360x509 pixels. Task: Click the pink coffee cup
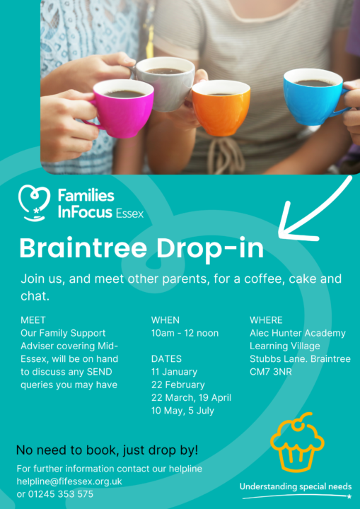click(x=121, y=107)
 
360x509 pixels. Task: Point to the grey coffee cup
click(x=164, y=83)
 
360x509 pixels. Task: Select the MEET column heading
click(x=33, y=320)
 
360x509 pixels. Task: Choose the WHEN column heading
click(x=166, y=320)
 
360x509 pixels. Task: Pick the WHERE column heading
click(x=266, y=320)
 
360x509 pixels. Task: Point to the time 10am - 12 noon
click(x=185, y=333)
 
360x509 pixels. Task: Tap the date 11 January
click(x=174, y=372)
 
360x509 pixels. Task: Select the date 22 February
click(x=178, y=385)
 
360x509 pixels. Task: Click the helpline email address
click(x=69, y=481)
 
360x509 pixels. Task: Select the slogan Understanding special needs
click(x=295, y=487)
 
